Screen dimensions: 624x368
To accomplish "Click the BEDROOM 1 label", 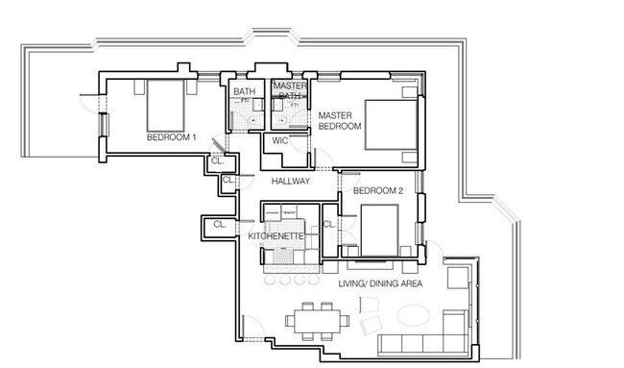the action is pyautogui.click(x=171, y=137).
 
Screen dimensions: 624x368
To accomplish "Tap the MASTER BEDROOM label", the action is pyautogui.click(x=340, y=121).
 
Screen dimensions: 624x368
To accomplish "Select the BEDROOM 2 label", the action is pyautogui.click(x=377, y=191).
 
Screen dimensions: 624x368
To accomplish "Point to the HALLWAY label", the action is pyautogui.click(x=291, y=182).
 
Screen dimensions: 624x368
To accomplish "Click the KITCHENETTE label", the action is pyautogui.click(x=276, y=236).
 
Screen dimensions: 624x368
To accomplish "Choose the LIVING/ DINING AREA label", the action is pyautogui.click(x=380, y=283).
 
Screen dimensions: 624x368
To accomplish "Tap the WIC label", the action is pyautogui.click(x=279, y=140).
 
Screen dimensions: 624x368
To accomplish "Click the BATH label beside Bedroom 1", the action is pyautogui.click(x=244, y=91).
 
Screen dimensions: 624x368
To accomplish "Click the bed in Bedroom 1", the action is pyautogui.click(x=165, y=106).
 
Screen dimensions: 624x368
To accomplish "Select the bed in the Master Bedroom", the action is pyautogui.click(x=391, y=125).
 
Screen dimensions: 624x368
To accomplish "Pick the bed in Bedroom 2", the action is pyautogui.click(x=379, y=231).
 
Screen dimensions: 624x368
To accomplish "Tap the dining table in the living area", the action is pyautogui.click(x=317, y=322).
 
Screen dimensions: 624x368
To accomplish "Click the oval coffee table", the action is pyautogui.click(x=413, y=314).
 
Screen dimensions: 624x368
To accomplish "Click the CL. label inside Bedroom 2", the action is pyautogui.click(x=329, y=224).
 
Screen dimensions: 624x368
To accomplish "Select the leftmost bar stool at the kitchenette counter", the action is pyautogui.click(x=270, y=280).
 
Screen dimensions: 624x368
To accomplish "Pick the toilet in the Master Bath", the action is pyautogui.click(x=282, y=119).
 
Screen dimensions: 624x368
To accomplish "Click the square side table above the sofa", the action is pyautogui.click(x=458, y=278).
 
